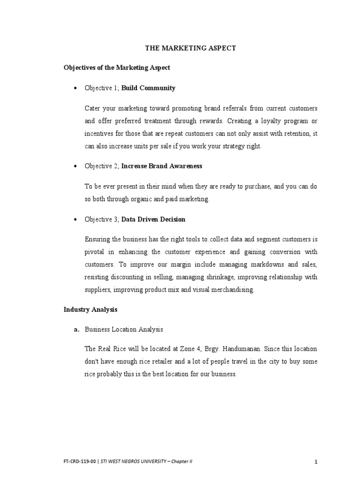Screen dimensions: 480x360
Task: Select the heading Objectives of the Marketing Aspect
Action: coord(117,67)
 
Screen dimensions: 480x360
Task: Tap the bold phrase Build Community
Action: coord(148,88)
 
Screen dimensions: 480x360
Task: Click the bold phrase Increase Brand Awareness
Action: coord(162,166)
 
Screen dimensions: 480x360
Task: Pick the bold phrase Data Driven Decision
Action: coord(153,219)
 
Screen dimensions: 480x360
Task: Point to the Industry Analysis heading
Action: coord(90,309)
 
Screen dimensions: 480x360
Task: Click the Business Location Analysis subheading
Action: coord(124,330)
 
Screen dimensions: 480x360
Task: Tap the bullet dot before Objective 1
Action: coord(76,88)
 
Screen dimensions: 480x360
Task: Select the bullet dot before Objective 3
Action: coord(76,219)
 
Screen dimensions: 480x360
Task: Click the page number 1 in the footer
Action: coord(316,462)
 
